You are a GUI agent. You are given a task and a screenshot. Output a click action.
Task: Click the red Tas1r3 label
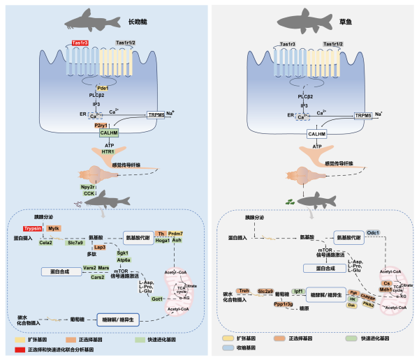click(x=78, y=44)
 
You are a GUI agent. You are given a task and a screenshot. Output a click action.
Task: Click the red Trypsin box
click(x=32, y=228)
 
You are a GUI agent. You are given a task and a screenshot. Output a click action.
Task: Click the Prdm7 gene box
click(x=176, y=233)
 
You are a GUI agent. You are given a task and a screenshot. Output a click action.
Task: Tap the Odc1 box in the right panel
click(x=373, y=232)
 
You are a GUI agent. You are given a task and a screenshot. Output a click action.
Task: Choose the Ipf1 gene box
click(x=297, y=290)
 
